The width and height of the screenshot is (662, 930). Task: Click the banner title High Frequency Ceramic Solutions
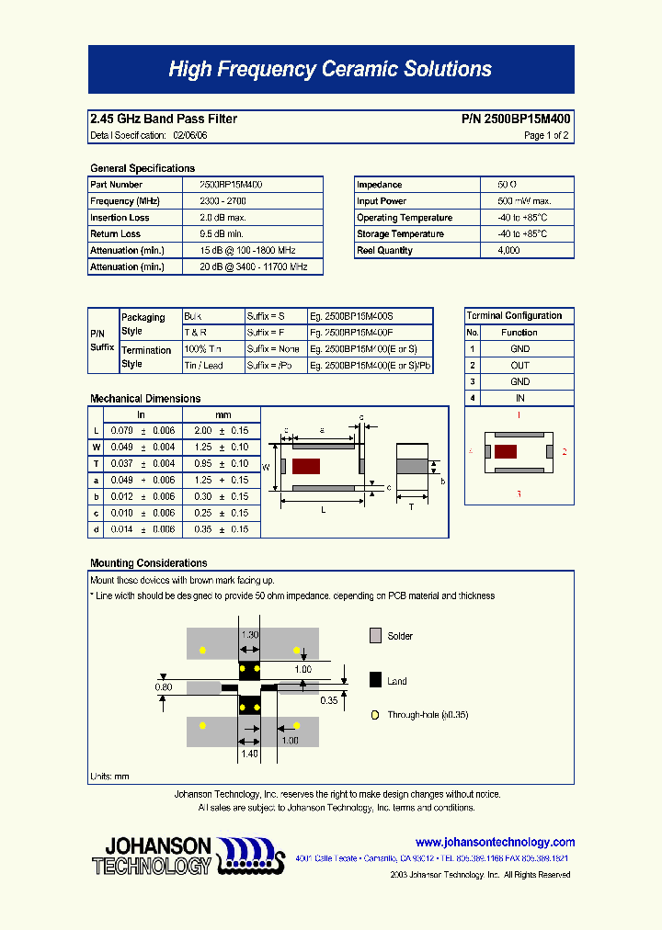330,69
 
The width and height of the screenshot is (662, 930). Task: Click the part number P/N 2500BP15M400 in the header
515,119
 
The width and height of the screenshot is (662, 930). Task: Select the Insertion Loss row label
120,218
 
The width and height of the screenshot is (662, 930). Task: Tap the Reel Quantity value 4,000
508,251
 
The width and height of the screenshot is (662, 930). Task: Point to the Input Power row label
382,201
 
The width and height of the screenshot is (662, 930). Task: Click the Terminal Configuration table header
514,316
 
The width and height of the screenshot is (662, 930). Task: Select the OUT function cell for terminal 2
520,366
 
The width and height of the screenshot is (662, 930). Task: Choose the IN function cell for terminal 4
520,399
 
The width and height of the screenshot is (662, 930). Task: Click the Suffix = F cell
266,333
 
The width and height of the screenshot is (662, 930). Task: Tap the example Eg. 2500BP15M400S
351,316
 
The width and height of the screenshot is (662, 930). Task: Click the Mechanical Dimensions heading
145,399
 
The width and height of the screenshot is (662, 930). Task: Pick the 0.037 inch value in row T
121,464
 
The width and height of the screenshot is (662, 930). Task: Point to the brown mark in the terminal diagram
505,451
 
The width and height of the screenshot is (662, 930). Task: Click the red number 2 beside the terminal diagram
565,452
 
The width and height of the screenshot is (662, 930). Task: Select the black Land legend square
375,681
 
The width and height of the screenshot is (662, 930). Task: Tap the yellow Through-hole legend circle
374,715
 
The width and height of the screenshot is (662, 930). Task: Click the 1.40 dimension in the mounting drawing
249,754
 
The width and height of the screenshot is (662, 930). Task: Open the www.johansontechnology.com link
495,843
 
